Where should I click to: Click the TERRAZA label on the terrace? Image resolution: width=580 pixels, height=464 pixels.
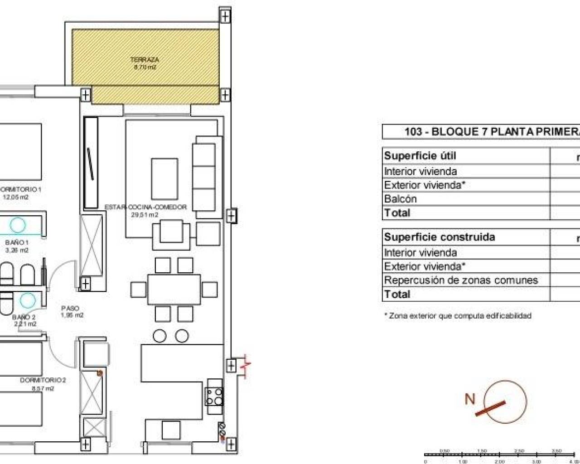[x=145, y=59]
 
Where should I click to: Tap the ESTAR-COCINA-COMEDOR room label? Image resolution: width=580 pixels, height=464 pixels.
[x=145, y=207]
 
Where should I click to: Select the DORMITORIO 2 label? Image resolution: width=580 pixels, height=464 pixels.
[x=43, y=380]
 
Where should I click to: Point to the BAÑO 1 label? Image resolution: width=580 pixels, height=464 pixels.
[x=20, y=242]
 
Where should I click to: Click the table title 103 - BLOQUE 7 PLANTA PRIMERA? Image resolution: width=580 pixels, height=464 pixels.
[x=492, y=132]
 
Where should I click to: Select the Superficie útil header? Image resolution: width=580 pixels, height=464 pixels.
[x=420, y=156]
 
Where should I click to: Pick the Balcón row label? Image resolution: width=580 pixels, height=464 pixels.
[x=400, y=199]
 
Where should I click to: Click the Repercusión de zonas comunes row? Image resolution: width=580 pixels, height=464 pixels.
[x=460, y=280]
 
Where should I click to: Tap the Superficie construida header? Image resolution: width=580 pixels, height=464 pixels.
[x=439, y=237]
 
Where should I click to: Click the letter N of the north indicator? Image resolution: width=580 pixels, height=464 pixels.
[x=470, y=399]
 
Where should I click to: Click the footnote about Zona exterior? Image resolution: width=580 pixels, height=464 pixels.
[x=458, y=316]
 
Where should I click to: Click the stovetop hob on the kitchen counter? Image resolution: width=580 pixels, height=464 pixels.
[x=214, y=397]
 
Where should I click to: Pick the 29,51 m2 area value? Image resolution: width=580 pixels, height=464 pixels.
[x=145, y=215]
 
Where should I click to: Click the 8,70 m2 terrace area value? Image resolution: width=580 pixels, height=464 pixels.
[x=145, y=67]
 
